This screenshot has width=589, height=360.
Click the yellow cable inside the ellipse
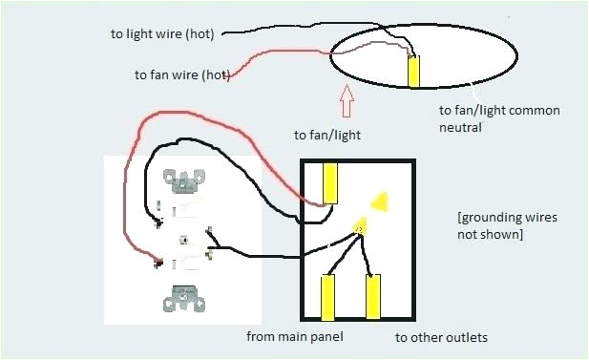(413, 72)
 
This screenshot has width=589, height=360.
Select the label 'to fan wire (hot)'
(182, 74)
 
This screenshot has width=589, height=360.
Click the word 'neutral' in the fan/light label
(461, 127)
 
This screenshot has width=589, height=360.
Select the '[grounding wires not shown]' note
(493, 225)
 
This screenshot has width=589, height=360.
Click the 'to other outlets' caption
(441, 338)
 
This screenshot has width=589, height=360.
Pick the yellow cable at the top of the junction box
(330, 183)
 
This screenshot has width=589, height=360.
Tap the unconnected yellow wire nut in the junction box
(381, 201)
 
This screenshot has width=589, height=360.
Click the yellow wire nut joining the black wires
(359, 227)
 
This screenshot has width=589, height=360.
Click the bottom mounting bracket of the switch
(185, 299)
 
